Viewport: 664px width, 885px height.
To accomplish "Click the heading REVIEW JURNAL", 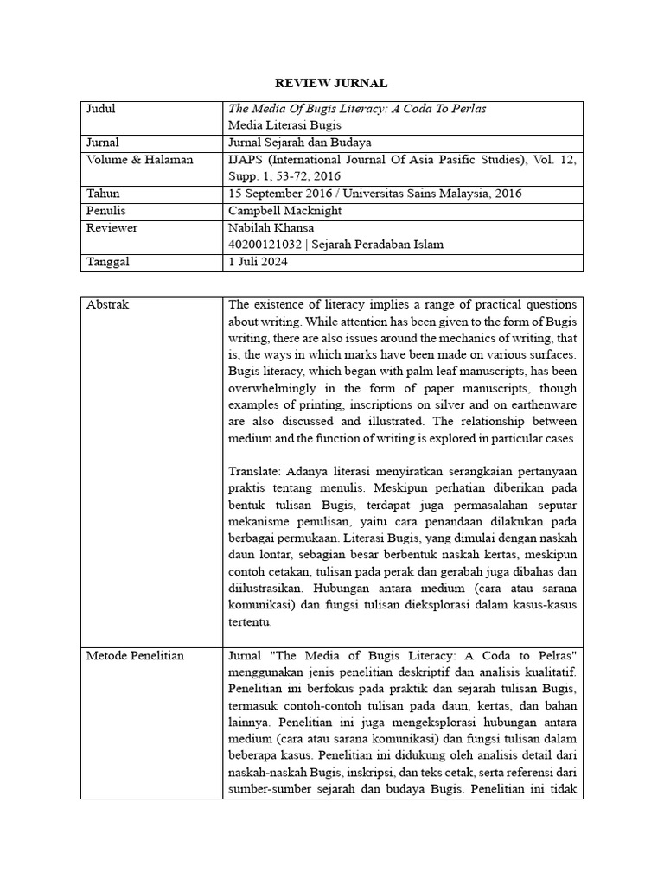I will point(331,83).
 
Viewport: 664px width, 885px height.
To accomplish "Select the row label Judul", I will point(101,109).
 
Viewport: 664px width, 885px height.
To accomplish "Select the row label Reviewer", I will point(112,228).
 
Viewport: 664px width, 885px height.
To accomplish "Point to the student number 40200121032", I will point(264,245).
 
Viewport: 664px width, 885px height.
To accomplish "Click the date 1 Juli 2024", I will point(257,262).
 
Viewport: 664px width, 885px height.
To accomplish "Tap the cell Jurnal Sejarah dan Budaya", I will point(300,143).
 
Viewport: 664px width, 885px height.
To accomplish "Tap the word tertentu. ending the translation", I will point(251,621).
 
